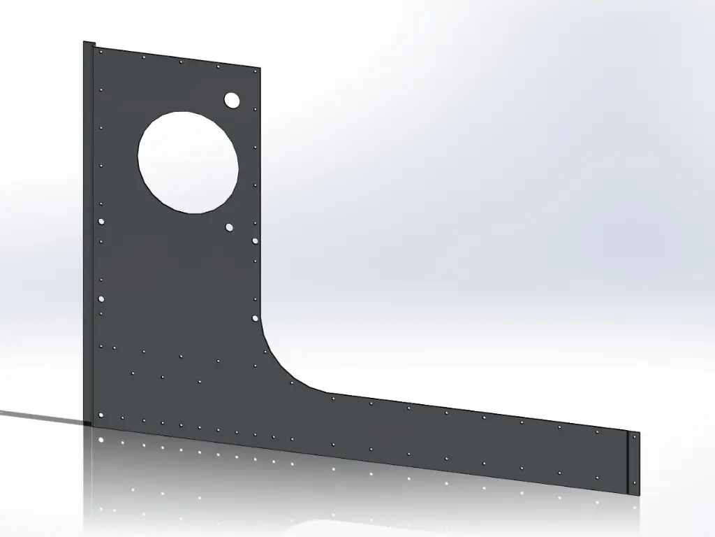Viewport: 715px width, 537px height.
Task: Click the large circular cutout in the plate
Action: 188,161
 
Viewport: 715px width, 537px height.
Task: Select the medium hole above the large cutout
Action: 232,100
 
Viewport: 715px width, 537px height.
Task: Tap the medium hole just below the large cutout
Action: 229,227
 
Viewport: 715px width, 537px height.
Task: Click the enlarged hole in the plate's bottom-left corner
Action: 102,415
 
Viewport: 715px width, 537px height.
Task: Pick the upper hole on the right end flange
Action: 634,436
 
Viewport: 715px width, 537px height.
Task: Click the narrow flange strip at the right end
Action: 634,461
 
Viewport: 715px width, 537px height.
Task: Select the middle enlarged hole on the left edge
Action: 102,299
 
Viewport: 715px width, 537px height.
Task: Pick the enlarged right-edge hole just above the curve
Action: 255,317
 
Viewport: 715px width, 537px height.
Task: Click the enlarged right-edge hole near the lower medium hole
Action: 255,241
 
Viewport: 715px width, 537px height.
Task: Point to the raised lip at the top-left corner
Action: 89,45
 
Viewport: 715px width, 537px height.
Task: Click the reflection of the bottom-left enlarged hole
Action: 102,440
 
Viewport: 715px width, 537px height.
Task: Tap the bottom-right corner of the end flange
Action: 638,495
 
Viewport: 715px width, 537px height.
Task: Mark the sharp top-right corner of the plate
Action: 260,69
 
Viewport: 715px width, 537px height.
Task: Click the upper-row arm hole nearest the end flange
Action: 597,432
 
